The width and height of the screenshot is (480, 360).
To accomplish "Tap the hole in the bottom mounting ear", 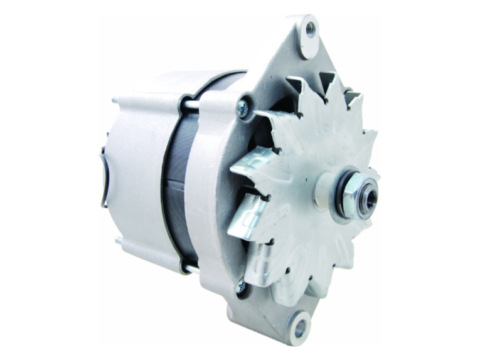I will click(299, 326).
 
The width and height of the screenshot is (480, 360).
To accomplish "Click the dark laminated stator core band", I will click(176, 182).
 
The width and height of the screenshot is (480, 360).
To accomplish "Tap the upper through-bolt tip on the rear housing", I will click(115, 100).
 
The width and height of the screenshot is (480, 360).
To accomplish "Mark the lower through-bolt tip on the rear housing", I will click(117, 240).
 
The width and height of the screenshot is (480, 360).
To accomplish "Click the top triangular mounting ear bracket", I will click(295, 50).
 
